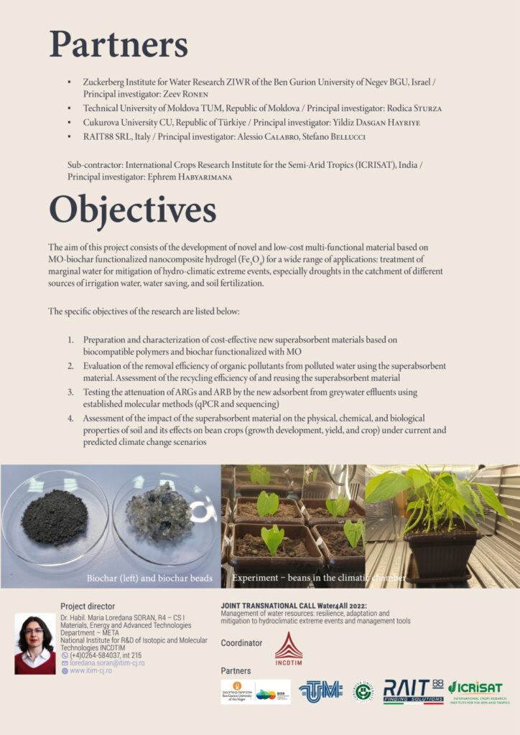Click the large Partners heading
119,45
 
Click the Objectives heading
132,210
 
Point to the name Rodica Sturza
415,108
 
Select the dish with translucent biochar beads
159,512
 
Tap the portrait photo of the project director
34,643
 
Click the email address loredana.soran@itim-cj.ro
107,663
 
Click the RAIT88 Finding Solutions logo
413,692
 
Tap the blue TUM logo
320,692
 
